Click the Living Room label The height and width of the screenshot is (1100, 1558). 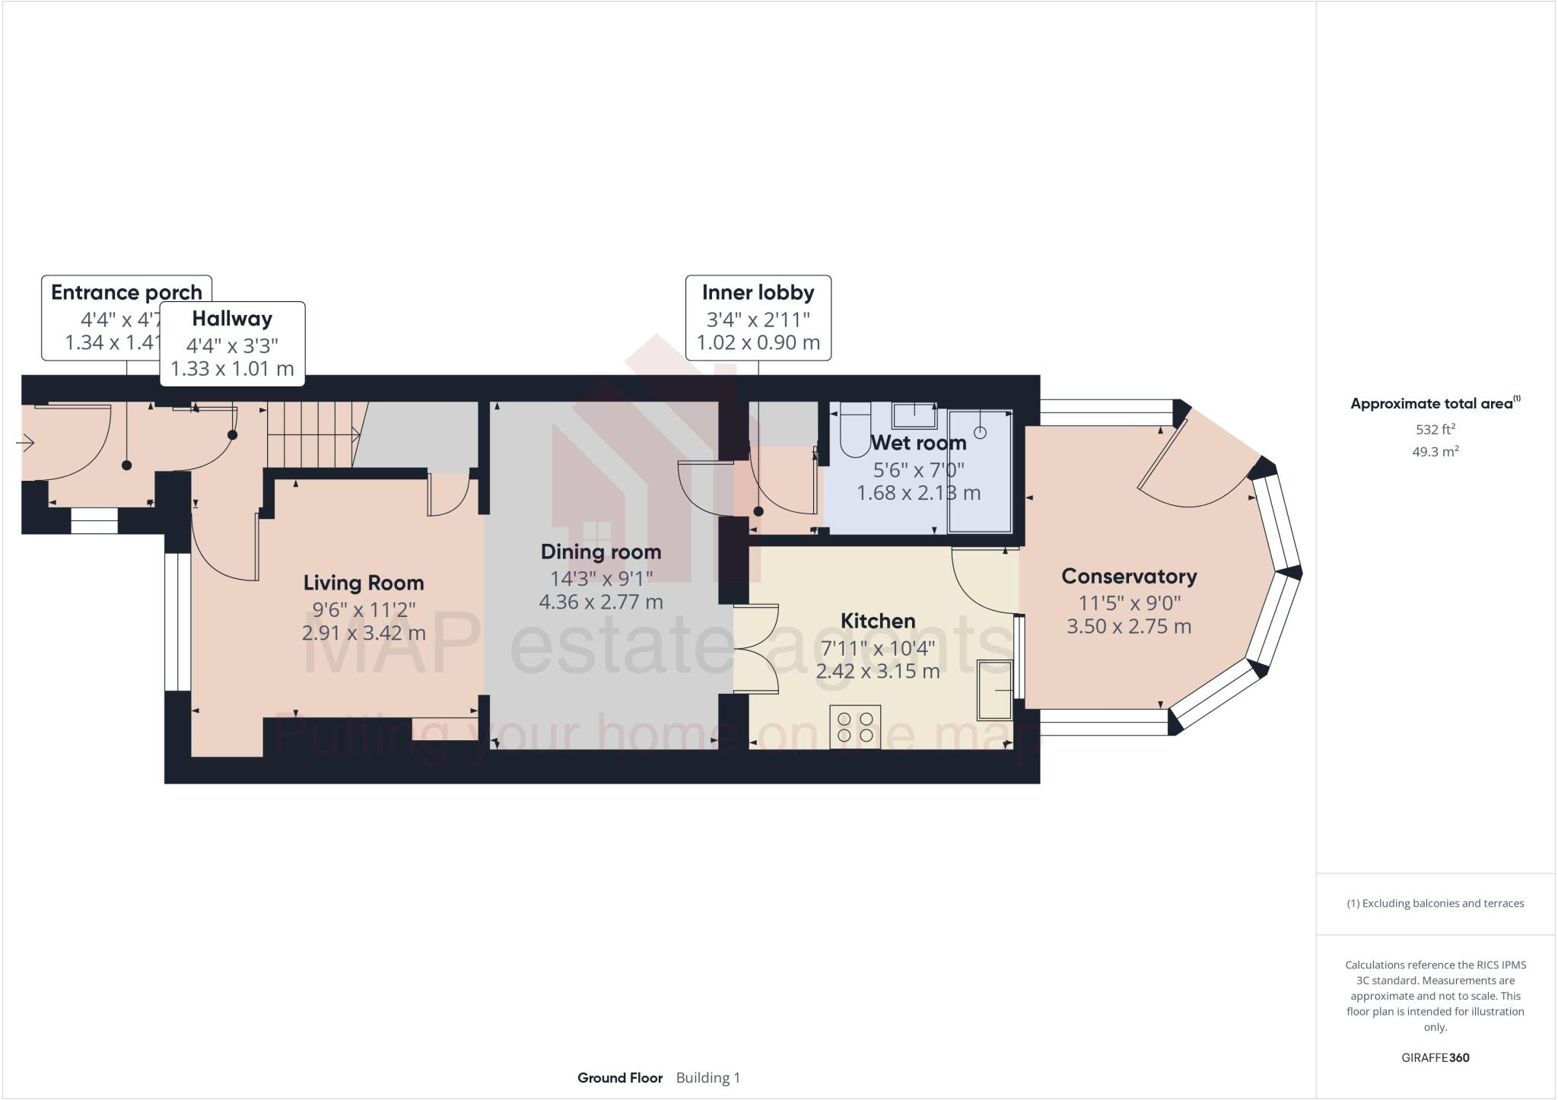pos(364,583)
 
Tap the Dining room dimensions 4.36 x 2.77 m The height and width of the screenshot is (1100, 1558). pos(601,602)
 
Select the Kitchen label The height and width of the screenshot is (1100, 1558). pos(877,621)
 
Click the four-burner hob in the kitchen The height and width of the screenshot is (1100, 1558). pos(855,726)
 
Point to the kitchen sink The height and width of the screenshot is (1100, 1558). pos(995,690)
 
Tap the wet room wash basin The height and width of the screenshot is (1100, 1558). pos(914,416)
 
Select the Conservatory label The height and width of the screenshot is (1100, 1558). pos(1129,577)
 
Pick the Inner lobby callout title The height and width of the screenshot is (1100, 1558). pos(758,293)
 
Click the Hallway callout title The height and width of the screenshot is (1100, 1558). pos(232,319)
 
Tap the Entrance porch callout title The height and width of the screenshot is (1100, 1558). pos(126,293)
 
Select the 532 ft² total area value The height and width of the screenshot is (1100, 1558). pos(1435,430)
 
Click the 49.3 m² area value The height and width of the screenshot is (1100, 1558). pos(1435,452)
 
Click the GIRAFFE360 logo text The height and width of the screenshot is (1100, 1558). pos(1435,1057)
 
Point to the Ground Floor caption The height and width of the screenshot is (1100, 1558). pos(620,1078)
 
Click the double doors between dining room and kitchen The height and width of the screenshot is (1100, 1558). pos(755,648)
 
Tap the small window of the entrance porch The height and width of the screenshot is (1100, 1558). pos(94,521)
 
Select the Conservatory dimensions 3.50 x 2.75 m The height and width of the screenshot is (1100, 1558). pos(1129,627)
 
